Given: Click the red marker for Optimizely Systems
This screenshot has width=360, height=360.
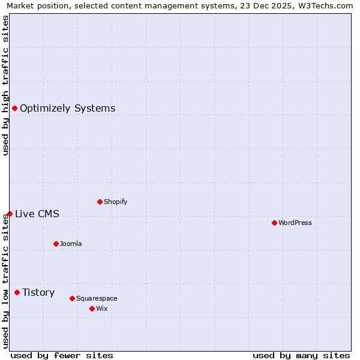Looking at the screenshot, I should (14, 108).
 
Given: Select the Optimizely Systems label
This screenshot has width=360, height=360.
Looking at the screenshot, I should (67, 109).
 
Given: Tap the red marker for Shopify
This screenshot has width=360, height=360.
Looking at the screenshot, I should (100, 202).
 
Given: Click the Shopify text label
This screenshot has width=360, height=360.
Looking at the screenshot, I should (115, 202).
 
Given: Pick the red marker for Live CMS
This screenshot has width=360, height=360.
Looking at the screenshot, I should (10, 214).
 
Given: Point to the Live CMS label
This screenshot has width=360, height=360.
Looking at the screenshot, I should (37, 214).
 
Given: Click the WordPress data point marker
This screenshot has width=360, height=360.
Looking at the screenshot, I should (274, 223).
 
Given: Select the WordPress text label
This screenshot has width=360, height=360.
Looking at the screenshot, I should (295, 223).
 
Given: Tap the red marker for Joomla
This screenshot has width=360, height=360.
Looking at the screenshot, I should (56, 244).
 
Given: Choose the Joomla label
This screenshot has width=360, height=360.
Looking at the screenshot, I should (71, 244).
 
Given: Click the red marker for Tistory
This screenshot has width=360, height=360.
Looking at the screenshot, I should (17, 292).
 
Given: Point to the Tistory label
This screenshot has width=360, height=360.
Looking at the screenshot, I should (38, 293).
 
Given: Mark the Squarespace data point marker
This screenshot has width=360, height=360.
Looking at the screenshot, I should (72, 298).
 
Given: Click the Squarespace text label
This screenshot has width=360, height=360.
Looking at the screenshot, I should (97, 299).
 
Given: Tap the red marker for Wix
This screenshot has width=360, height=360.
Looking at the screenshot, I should (92, 308).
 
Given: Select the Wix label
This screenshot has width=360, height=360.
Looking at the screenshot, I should (102, 309).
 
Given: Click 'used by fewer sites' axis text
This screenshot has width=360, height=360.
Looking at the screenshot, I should (62, 355).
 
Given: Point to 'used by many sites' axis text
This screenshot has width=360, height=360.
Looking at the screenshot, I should (301, 355).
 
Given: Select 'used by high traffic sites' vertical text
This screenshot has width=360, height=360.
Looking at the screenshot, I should (6, 85).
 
